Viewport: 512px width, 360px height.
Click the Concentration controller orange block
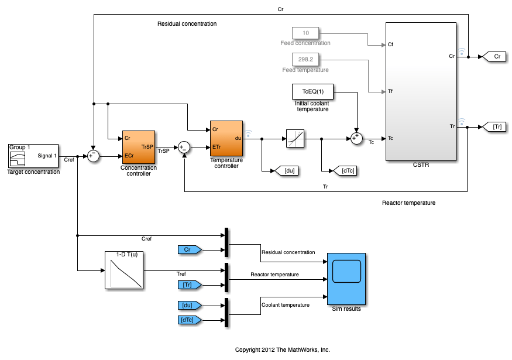tap(138, 147)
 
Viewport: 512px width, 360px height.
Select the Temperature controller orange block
tap(226, 138)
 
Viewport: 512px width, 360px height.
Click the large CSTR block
tap(421, 91)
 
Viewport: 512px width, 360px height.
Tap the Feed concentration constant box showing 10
tap(305, 33)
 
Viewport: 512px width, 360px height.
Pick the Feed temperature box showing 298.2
tap(305, 59)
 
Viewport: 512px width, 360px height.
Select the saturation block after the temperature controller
tap(296, 139)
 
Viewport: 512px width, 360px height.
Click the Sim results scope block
tap(346, 279)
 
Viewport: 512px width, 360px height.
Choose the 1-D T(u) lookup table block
tap(125, 270)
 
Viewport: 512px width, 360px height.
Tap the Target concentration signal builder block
tap(33, 156)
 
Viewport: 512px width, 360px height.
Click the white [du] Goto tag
tap(288, 171)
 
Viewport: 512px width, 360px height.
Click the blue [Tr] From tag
tap(189, 285)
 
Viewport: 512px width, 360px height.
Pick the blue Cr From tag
tap(189, 250)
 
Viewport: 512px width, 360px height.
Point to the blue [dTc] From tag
tap(189, 320)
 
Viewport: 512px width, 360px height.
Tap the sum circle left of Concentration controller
tap(93, 156)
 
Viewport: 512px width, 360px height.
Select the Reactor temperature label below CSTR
tap(408, 203)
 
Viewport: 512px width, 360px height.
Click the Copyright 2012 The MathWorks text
tap(282, 349)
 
